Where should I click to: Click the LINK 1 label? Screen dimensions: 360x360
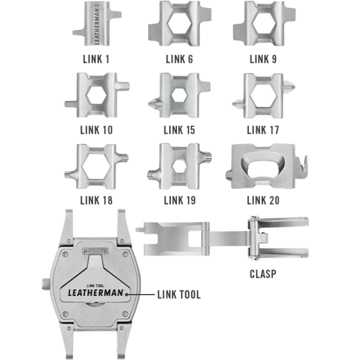pos(96,59)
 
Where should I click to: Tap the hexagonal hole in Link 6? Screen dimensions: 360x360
pos(179,24)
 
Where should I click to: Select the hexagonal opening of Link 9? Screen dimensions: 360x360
pos(264,23)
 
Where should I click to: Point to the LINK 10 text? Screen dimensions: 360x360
pos(97,130)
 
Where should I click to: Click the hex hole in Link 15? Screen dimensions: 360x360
pos(179,95)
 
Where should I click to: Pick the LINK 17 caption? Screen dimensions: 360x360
pos(263,130)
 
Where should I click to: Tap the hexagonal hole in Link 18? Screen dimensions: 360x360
pos(97,166)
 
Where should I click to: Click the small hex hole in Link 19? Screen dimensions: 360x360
pos(179,166)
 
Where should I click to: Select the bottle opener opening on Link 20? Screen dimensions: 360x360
pos(263,167)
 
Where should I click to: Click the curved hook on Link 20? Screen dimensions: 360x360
pos(302,167)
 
